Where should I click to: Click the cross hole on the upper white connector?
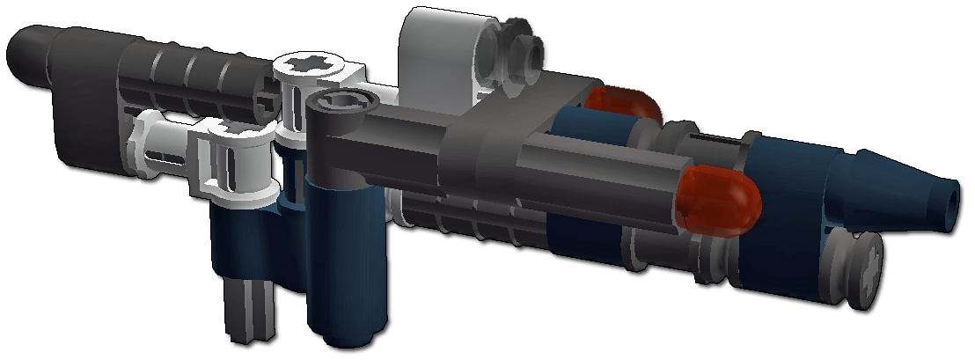pos(313,66)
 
